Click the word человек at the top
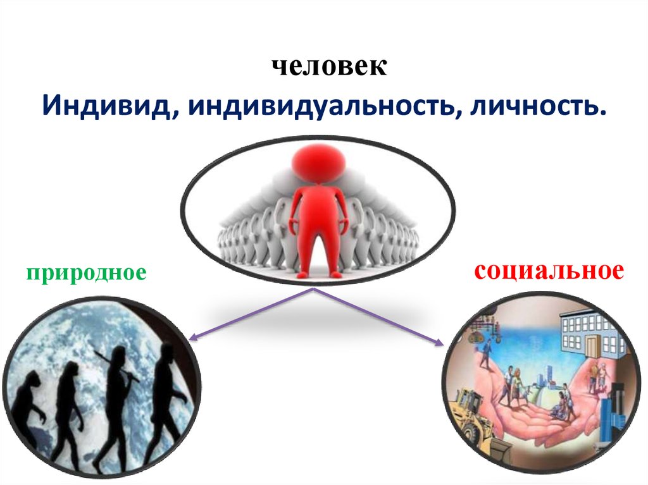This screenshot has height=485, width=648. coord(329,66)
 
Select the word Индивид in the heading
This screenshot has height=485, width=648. coord(106,106)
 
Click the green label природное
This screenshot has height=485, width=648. coord(86,273)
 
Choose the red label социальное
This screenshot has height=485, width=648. coord(549,271)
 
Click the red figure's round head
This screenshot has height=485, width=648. coord(318,164)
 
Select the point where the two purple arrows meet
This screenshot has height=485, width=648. coord(313,289)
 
